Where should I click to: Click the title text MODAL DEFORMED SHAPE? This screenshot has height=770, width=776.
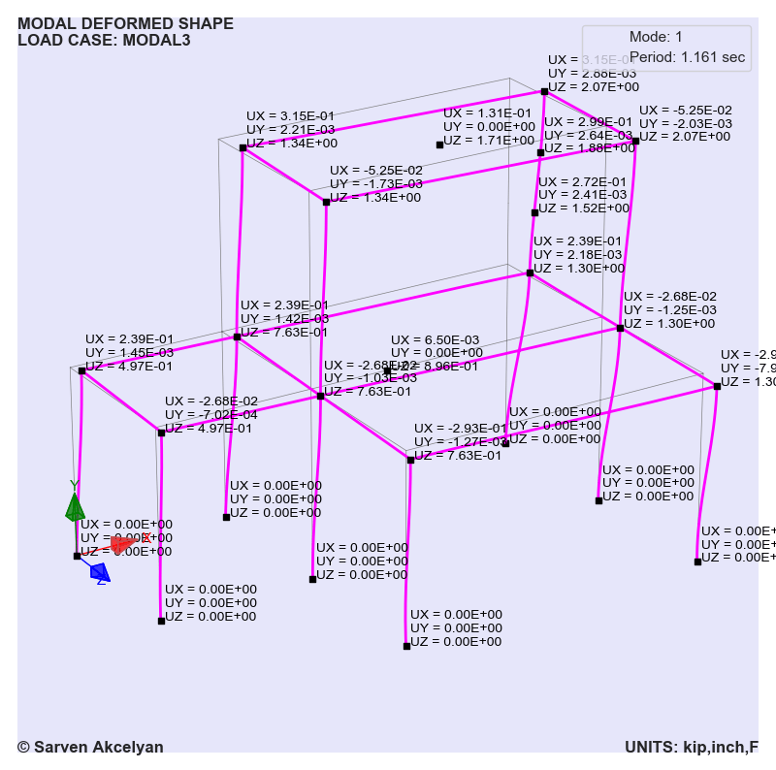click(x=125, y=24)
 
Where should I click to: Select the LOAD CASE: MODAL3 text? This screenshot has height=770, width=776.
click(x=104, y=41)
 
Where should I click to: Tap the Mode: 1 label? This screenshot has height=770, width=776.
click(x=656, y=37)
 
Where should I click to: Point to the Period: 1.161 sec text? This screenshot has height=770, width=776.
click(x=687, y=58)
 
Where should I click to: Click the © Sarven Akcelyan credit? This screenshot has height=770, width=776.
click(x=90, y=747)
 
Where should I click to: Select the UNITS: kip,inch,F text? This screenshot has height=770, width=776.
click(x=691, y=747)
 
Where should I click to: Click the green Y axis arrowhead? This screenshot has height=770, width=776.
click(x=75, y=507)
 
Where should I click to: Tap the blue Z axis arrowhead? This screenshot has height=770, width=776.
click(x=100, y=572)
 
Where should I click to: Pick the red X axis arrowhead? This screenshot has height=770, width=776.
click(x=123, y=545)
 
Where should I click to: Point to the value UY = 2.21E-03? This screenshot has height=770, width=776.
click(x=291, y=129)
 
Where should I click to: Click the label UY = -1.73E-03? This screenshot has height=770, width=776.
click(x=375, y=183)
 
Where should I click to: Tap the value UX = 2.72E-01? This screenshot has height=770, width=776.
click(x=584, y=181)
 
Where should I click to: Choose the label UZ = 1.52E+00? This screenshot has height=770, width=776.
click(x=584, y=208)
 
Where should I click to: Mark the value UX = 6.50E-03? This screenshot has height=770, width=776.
click(x=435, y=339)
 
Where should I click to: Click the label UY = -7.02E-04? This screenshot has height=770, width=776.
click(x=210, y=414)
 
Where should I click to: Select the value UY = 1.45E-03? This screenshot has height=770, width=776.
click(x=129, y=352)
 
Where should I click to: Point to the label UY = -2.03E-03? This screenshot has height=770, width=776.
click(x=685, y=123)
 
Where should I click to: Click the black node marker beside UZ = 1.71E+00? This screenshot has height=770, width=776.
click(x=439, y=144)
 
